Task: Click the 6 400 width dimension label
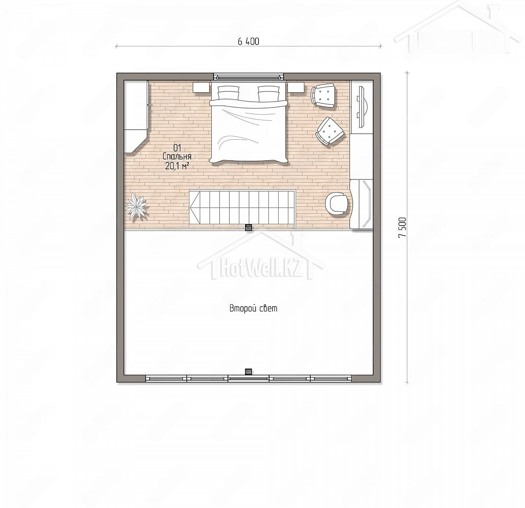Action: (x=248, y=41)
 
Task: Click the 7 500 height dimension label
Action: (x=402, y=227)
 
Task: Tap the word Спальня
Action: (x=177, y=157)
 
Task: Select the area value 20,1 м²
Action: (x=177, y=166)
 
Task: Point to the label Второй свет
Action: (x=253, y=308)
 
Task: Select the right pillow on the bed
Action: (x=269, y=93)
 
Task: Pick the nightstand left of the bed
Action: (x=201, y=88)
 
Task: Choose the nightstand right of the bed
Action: (x=296, y=88)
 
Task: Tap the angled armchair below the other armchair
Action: (x=330, y=131)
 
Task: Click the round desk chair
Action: (x=337, y=204)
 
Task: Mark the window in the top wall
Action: (x=249, y=77)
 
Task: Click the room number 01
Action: (x=177, y=148)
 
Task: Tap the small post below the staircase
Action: (x=248, y=227)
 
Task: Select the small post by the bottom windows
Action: (x=248, y=372)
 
